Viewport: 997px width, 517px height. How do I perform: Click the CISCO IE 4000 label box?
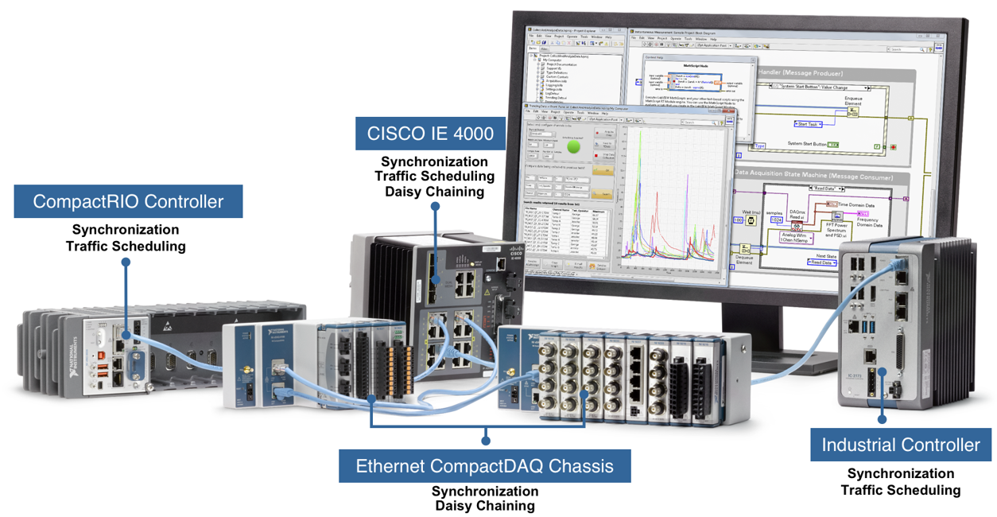tap(430, 133)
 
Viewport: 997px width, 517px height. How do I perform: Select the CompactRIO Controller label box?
tap(128, 201)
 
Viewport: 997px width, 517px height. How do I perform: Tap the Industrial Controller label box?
tap(901, 445)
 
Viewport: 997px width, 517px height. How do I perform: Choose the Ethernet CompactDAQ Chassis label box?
tap(484, 466)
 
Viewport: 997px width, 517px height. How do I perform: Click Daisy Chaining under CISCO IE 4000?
tap(434, 192)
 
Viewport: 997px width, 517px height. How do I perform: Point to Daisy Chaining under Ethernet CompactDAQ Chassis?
tap(484, 506)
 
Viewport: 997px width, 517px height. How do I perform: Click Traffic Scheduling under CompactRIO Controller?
tap(126, 246)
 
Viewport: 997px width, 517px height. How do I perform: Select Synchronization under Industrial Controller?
tap(900, 474)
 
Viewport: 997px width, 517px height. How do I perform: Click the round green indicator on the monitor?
tap(573, 146)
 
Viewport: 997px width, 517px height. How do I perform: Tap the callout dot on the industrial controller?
tap(882, 418)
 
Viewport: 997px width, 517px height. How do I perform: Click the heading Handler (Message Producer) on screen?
tap(815, 72)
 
